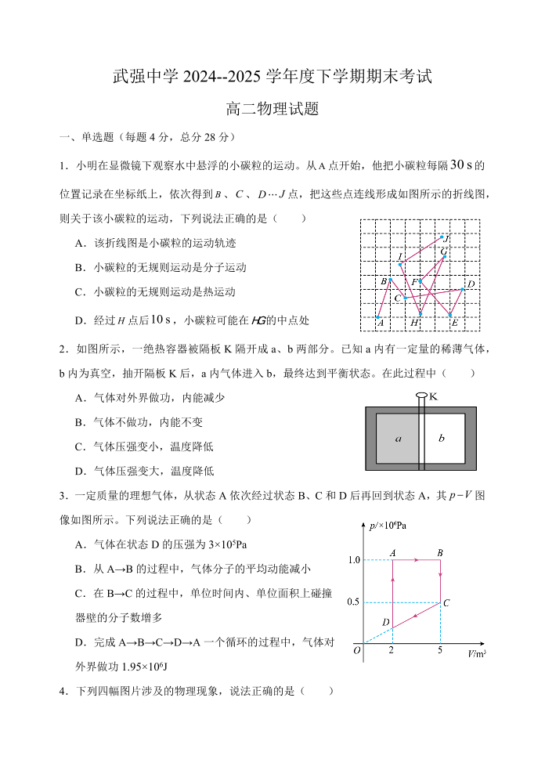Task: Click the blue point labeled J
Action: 442,237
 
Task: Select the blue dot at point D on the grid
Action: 464,289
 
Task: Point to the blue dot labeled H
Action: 420,315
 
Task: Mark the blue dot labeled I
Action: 400,265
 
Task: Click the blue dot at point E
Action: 451,316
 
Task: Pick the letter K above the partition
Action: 433,396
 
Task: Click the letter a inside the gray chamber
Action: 398,439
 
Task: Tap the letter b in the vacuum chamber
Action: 442,438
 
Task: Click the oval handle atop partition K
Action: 421,396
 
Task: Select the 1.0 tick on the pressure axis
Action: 353,560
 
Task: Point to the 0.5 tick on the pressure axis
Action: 353,602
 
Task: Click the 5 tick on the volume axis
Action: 440,651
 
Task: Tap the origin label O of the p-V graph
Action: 357,650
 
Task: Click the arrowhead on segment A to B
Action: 417,560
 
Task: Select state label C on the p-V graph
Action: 446,603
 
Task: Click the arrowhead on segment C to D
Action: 415,614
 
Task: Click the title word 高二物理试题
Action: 272,109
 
